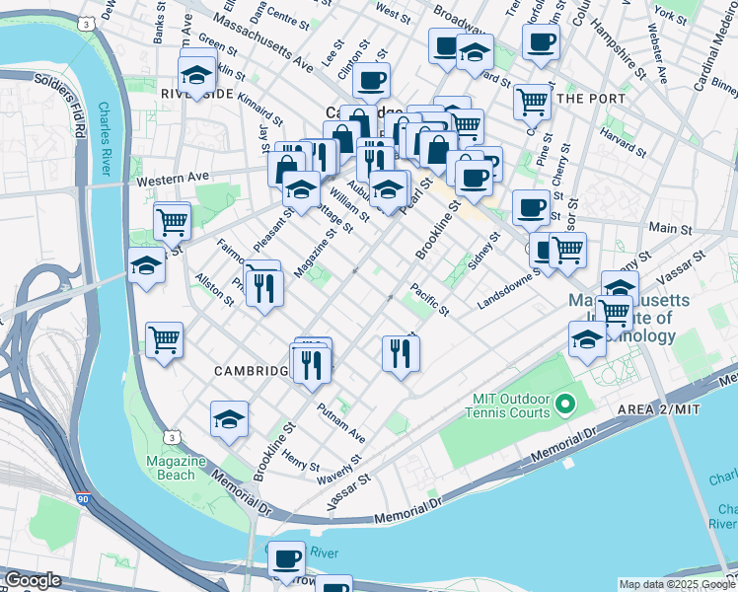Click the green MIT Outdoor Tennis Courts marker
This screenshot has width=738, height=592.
[565, 405]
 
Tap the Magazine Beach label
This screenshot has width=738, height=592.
[175, 469]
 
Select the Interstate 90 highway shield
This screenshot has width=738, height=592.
[84, 501]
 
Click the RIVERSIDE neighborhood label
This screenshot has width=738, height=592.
[195, 94]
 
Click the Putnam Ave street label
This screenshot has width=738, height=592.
[340, 422]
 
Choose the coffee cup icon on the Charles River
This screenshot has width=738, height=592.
[288, 558]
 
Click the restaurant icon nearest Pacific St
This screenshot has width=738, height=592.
[401, 353]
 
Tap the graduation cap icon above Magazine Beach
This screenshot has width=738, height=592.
[229, 418]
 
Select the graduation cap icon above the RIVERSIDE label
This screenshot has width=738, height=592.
[196, 72]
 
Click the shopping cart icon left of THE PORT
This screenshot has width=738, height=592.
[532, 100]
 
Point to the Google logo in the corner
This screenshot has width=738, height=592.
[33, 580]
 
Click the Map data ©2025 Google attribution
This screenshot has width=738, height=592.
[677, 584]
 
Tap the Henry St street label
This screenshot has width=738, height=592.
[300, 460]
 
